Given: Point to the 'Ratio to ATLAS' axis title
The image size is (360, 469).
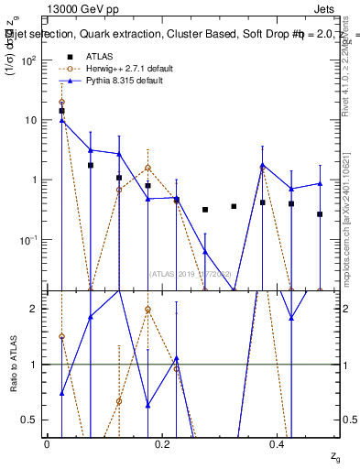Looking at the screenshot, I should click(x=16, y=364).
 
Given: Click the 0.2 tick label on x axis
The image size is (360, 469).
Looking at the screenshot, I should click(x=161, y=443).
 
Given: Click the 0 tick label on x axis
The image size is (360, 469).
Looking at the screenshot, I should click(x=47, y=443).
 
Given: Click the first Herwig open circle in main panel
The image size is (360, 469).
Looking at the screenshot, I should click(x=61, y=103).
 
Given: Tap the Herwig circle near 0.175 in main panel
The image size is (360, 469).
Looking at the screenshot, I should click(x=147, y=168).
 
